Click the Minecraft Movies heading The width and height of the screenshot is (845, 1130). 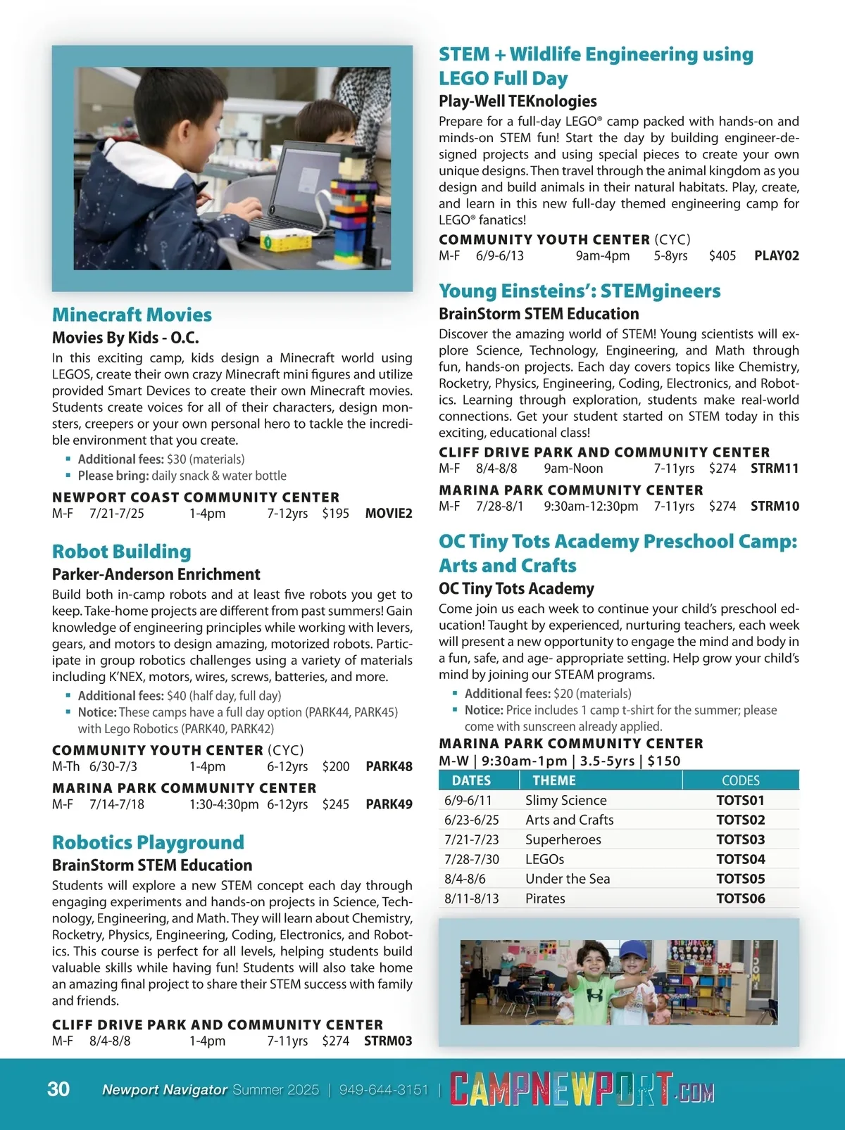132,315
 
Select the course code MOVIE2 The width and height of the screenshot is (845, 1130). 389,514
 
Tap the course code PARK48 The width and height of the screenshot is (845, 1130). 389,767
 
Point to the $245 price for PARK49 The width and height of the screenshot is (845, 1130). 335,804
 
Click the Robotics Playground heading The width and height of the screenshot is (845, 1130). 148,842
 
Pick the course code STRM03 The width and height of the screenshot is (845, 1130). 388,1041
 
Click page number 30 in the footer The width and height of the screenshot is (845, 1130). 58,1089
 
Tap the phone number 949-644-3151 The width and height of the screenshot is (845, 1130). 384,1090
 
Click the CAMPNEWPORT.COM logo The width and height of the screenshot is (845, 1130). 582,1089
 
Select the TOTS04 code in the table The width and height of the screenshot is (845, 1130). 740,859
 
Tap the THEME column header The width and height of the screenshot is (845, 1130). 554,780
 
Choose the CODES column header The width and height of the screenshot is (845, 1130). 740,780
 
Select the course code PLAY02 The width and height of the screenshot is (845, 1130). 776,256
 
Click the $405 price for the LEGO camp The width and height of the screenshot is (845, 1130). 722,256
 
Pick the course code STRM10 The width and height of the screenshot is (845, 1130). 775,507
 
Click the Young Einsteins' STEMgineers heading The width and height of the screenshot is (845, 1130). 580,291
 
